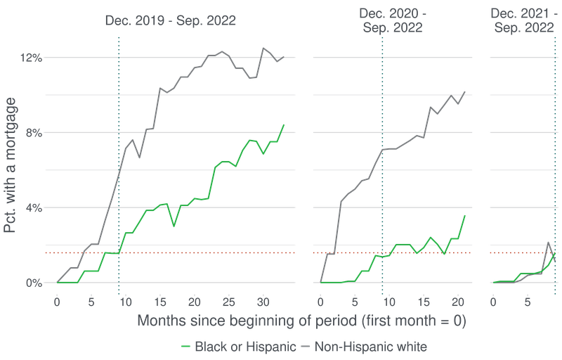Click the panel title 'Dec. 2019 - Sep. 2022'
click(x=171, y=20)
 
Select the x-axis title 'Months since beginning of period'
click(x=302, y=321)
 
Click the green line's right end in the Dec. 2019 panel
click(x=284, y=125)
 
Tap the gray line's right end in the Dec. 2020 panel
click(x=464, y=91)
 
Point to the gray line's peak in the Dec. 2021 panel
click(x=548, y=243)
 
